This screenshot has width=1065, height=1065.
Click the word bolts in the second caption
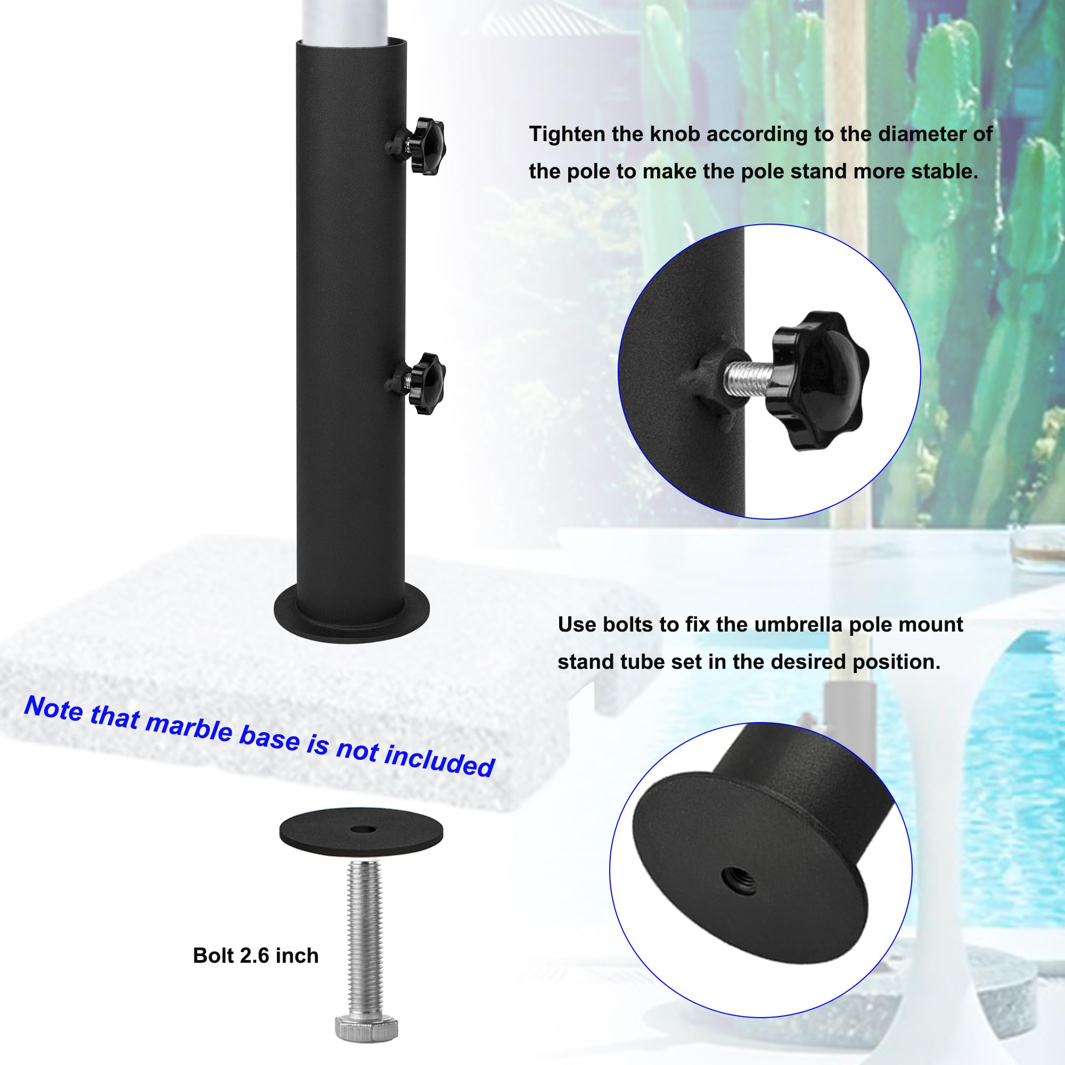[x=633, y=625]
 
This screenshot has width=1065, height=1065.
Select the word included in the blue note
[x=439, y=760]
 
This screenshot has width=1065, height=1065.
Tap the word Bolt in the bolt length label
[x=214, y=955]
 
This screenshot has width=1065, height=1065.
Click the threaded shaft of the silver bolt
[x=365, y=938]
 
